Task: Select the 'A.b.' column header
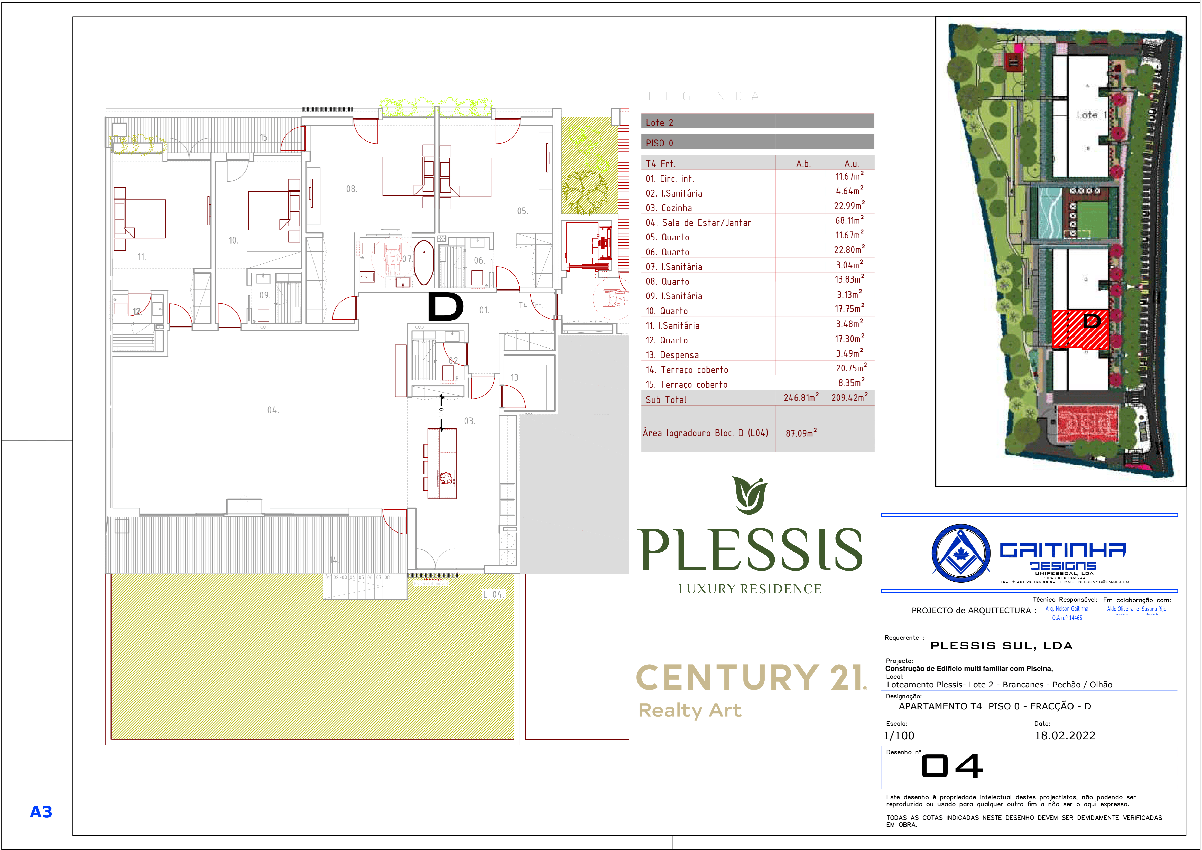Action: point(803,164)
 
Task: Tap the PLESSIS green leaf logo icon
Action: point(750,495)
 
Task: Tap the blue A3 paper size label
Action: point(41,812)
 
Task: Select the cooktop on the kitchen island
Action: point(447,478)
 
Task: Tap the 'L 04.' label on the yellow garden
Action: point(493,595)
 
